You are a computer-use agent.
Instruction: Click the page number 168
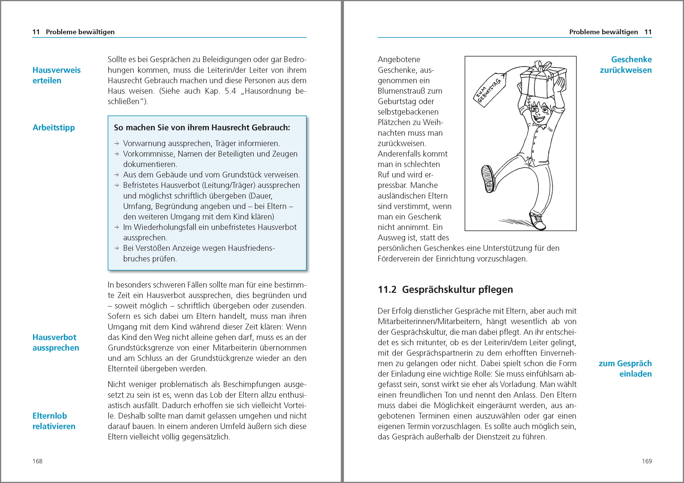(38, 461)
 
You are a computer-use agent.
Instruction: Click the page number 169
(647, 461)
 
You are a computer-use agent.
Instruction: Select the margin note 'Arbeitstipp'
(54, 128)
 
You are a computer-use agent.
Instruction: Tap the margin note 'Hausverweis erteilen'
(56, 75)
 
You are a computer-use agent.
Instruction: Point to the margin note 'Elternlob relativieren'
(54, 421)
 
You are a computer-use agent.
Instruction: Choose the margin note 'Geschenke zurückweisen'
(626, 65)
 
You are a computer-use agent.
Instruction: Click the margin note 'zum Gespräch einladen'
(625, 369)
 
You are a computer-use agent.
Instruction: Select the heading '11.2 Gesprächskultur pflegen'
(445, 289)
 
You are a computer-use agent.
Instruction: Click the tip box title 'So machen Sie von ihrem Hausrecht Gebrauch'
(202, 128)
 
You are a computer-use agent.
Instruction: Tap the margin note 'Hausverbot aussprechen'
(56, 342)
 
